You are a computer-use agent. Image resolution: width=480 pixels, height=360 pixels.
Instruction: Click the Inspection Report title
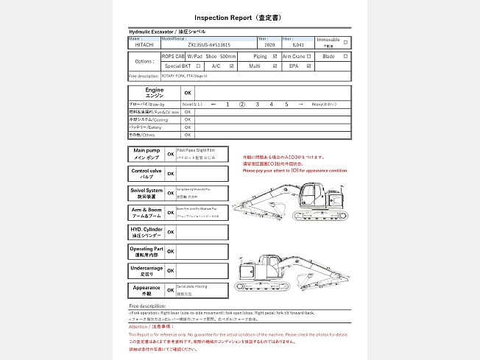click(x=239, y=16)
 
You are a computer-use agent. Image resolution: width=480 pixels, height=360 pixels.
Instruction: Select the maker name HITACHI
click(x=146, y=44)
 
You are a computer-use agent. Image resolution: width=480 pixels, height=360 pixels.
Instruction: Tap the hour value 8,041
click(x=297, y=44)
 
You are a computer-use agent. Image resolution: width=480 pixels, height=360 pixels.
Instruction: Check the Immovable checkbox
click(x=346, y=42)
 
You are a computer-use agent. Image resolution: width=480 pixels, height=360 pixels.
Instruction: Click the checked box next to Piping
click(x=275, y=56)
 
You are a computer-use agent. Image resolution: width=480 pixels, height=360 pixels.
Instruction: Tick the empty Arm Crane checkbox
click(x=310, y=56)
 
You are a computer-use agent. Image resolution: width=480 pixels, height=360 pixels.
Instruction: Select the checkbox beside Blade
click(x=346, y=56)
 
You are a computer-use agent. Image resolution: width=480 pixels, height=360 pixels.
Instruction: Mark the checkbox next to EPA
click(x=310, y=66)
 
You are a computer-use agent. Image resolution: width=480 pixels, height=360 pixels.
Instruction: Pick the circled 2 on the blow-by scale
click(x=241, y=105)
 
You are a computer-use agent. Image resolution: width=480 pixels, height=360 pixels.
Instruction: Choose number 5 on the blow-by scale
click(x=286, y=105)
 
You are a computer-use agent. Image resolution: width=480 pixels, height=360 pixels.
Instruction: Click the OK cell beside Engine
click(x=188, y=93)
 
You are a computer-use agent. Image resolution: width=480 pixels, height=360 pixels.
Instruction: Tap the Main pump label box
click(x=145, y=154)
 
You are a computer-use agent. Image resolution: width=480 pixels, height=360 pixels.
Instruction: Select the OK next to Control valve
click(x=170, y=174)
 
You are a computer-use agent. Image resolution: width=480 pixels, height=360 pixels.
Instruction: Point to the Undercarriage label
click(x=145, y=270)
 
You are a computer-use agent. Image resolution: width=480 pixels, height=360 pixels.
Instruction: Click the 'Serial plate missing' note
click(x=193, y=286)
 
